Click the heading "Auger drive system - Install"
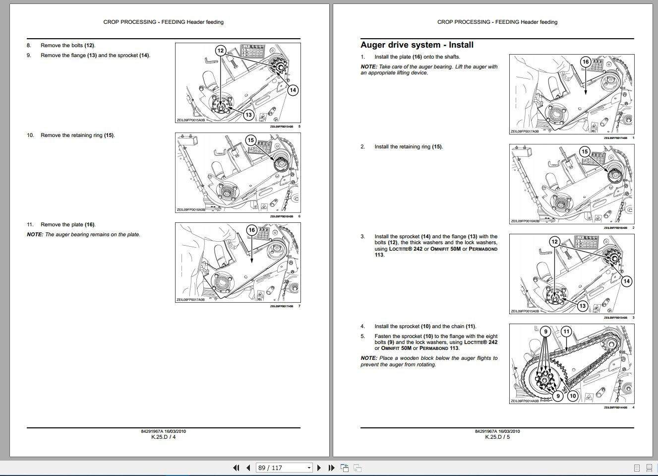click(417, 45)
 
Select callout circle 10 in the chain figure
click(573, 396)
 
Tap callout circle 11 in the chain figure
click(566, 332)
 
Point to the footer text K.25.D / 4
click(164, 437)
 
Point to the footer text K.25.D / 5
click(497, 437)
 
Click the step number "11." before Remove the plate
click(30, 225)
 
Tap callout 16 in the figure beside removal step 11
click(252, 230)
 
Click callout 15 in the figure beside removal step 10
click(251, 140)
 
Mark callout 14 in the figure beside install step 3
click(626, 281)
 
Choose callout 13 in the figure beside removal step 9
click(248, 115)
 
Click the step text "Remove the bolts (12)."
click(68, 46)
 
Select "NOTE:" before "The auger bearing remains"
click(35, 235)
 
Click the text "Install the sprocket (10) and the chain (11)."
click(425, 327)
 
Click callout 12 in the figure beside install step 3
click(554, 242)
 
